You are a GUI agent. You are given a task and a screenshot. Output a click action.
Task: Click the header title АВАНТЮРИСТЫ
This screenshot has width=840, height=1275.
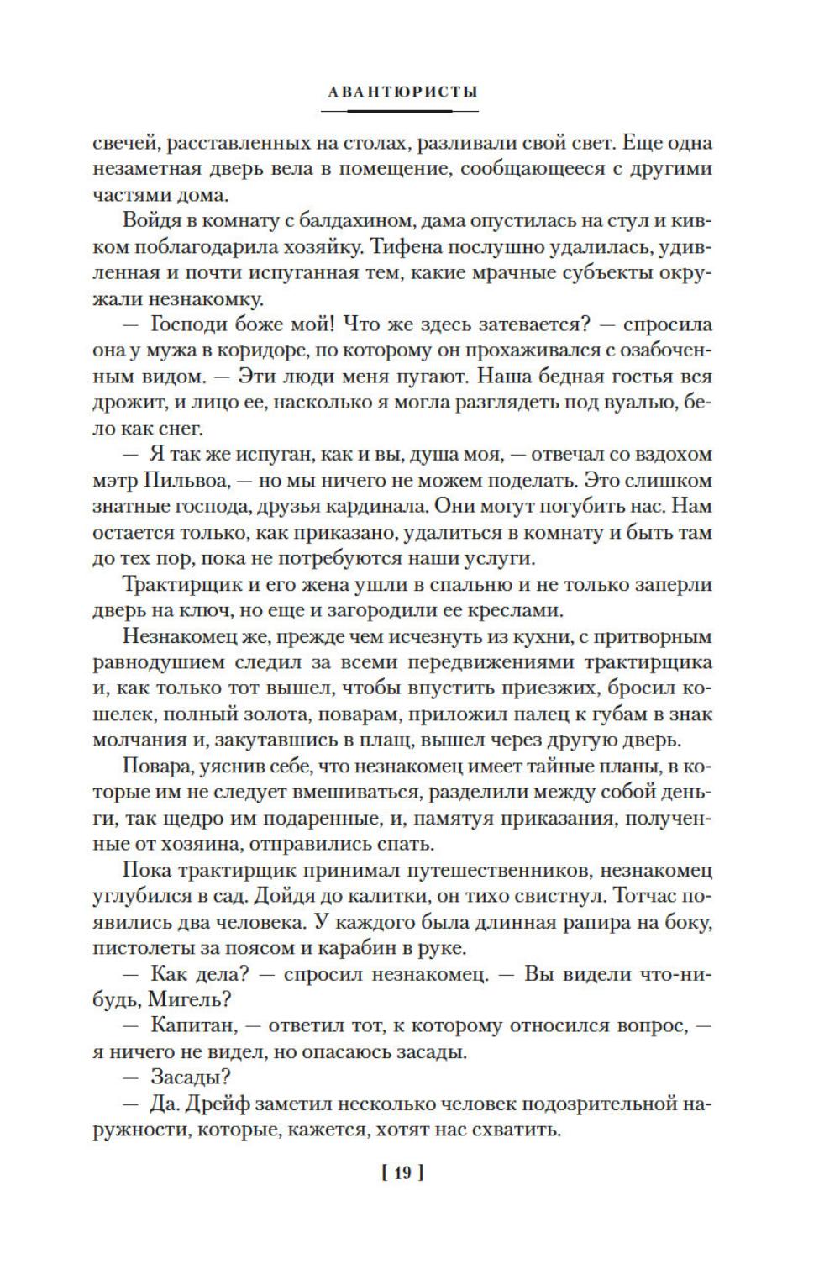pyautogui.click(x=402, y=92)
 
